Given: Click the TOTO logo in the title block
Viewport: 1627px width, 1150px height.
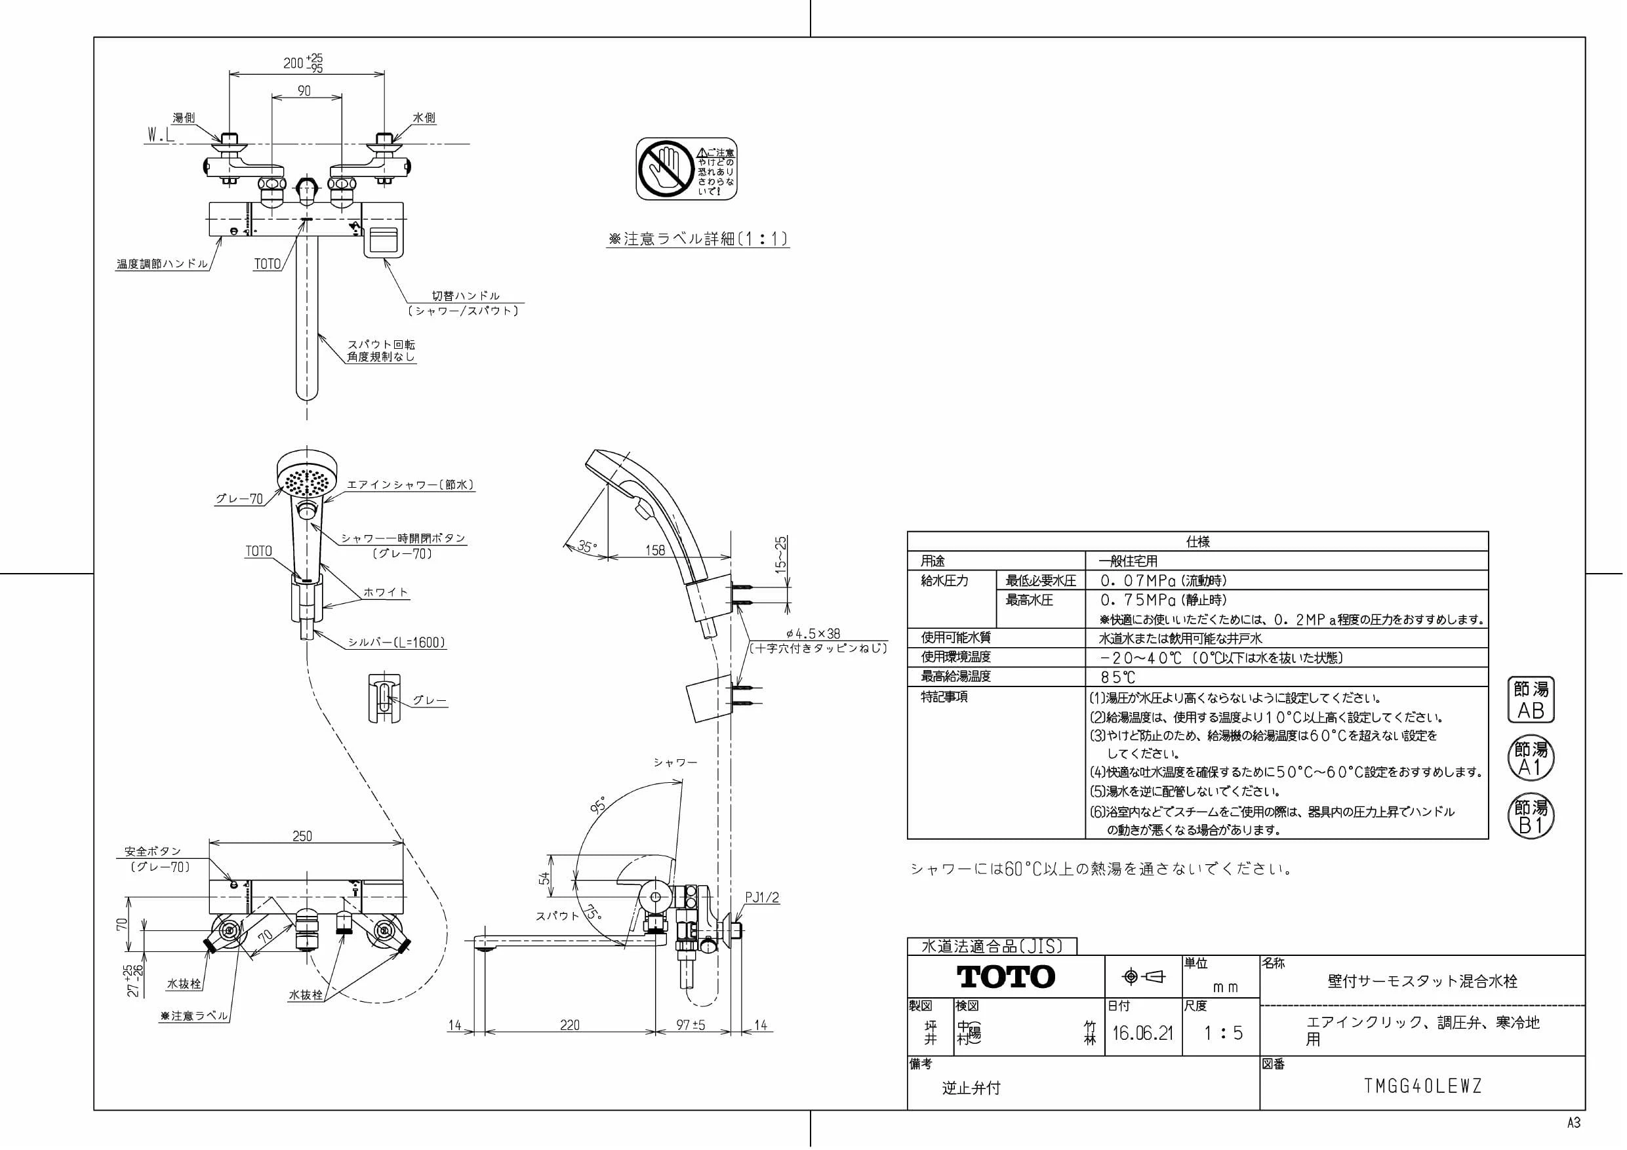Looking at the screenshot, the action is coord(1005,976).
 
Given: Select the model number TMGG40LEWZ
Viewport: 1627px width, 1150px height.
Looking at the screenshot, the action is coord(1422,1086).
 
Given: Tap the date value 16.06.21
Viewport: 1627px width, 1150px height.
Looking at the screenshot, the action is coord(1142,1033).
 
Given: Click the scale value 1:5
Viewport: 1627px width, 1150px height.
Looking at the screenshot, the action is coord(1224,1033).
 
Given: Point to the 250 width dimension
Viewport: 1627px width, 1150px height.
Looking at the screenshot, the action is coord(302,836).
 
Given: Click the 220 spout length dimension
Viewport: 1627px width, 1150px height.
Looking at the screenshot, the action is coord(570,1025).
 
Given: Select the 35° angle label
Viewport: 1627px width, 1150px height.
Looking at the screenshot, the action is coord(587,546).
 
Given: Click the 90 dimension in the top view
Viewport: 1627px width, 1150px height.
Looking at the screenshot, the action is coord(304,90).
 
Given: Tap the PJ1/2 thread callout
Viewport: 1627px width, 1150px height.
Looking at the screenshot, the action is coord(762,898).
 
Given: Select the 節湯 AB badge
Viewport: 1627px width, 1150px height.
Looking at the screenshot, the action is coord(1531,700).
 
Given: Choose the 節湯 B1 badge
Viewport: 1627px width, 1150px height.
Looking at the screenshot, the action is coord(1531,816).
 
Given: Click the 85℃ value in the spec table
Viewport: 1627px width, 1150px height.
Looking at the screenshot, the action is coord(1117,677).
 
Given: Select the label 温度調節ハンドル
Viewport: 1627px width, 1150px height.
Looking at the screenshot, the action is coord(162,264).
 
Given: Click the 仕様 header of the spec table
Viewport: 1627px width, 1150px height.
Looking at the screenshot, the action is coord(1197,542).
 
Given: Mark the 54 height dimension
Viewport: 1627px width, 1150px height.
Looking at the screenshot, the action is coord(544,878).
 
